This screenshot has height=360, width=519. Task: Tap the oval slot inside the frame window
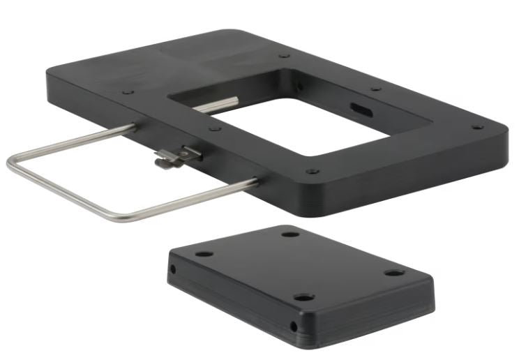361,109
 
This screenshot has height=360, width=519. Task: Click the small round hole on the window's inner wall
300,87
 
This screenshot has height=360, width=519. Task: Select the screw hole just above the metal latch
215,128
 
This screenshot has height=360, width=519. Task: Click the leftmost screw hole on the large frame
127,91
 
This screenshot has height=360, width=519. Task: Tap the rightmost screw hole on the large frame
477,128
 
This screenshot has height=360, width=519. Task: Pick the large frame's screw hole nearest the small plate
312,171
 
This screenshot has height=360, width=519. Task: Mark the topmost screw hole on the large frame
283,56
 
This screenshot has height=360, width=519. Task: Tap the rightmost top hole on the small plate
394,272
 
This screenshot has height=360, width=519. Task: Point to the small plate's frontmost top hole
303,297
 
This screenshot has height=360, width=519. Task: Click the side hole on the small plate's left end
172,269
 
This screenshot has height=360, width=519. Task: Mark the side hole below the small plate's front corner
294,326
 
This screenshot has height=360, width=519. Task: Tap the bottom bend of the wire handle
119,219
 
